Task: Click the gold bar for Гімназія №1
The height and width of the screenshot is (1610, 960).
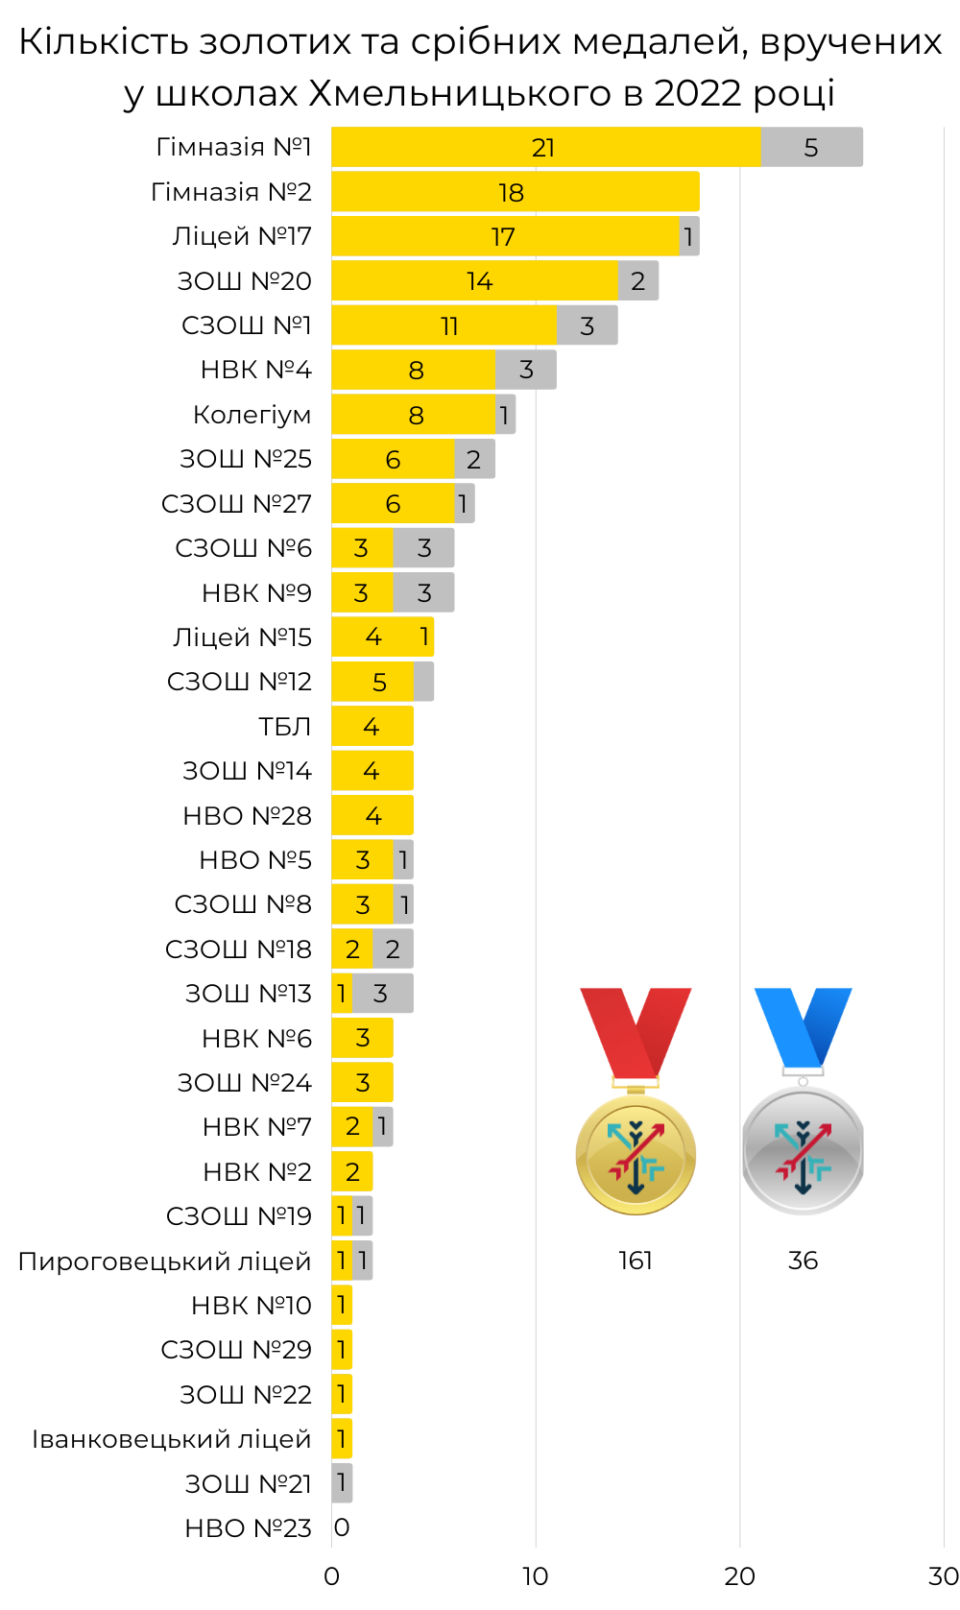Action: tap(545, 147)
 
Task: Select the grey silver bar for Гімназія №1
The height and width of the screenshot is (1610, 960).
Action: tap(811, 147)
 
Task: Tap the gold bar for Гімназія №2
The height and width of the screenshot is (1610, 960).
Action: tap(515, 192)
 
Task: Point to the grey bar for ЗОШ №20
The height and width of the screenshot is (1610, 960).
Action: tap(637, 280)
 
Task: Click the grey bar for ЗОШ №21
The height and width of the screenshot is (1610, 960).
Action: tap(342, 1482)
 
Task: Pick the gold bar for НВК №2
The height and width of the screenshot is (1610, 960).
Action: tap(352, 1171)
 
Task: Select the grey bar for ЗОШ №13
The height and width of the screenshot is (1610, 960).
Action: tap(382, 993)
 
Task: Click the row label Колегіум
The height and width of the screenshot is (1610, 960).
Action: tap(252, 415)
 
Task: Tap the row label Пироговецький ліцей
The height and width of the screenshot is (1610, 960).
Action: tap(164, 1262)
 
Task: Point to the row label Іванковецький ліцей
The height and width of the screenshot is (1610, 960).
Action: tap(171, 1439)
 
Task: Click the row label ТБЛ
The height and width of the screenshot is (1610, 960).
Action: tap(284, 727)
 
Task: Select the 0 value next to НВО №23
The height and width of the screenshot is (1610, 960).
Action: tap(342, 1527)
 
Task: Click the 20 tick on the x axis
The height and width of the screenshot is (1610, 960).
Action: tap(739, 1576)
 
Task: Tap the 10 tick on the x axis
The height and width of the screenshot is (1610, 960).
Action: tap(535, 1576)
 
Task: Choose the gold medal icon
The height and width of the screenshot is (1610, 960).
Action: tap(636, 1152)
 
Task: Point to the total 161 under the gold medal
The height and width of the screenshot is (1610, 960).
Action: tap(636, 1261)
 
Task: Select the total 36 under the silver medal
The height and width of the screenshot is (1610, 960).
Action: tap(803, 1261)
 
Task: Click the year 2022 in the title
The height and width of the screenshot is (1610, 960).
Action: tap(697, 93)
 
